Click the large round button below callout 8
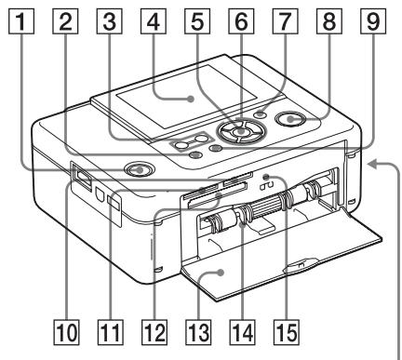pyautogui.click(x=295, y=119)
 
